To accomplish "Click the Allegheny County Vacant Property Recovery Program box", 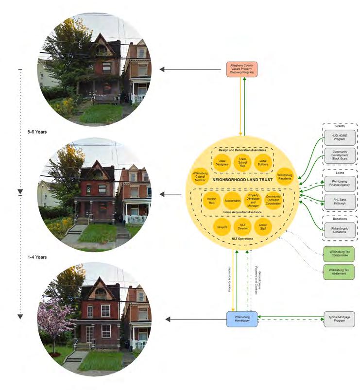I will (242, 69).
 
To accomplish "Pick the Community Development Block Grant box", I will (340, 155).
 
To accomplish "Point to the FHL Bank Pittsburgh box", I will (340, 201).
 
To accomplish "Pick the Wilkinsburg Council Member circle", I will (200, 178).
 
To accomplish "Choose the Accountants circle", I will (232, 200).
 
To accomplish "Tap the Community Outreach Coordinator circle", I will (273, 200).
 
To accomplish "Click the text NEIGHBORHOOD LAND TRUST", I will (242, 180).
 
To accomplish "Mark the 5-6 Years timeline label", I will (37, 132).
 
